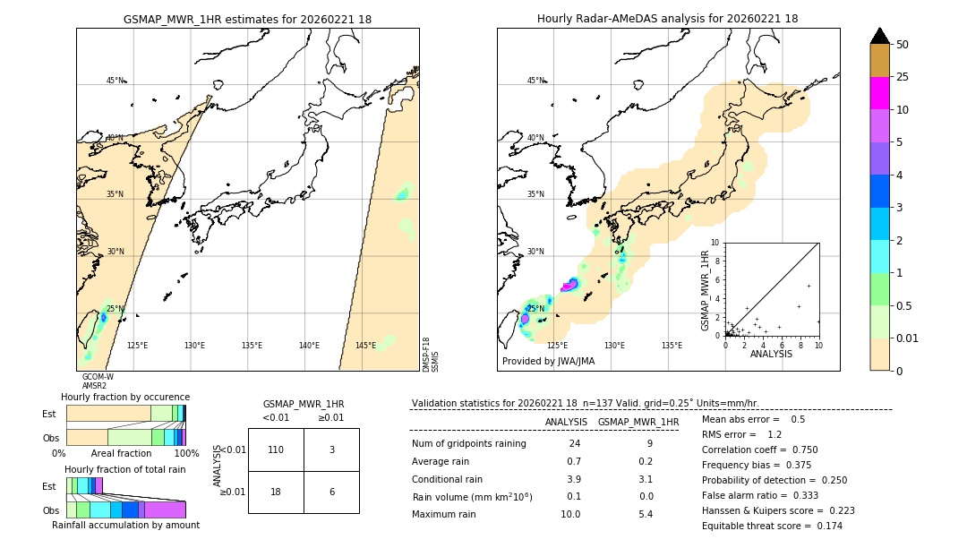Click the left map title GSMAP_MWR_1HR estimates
(247, 19)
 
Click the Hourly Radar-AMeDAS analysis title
(667, 19)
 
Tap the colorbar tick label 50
(903, 45)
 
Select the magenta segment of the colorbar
(879, 93)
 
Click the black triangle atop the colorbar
(879, 36)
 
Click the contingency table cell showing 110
(276, 450)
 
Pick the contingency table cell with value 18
(276, 492)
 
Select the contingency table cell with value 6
(331, 492)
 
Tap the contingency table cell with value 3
(331, 450)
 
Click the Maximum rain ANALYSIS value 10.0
(569, 514)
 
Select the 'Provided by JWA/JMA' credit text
(548, 361)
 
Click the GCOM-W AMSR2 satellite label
(98, 381)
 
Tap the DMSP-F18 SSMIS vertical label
(431, 355)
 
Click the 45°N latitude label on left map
(115, 81)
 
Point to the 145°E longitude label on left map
(365, 346)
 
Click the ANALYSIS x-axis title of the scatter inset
(771, 354)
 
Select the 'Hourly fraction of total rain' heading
(125, 470)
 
